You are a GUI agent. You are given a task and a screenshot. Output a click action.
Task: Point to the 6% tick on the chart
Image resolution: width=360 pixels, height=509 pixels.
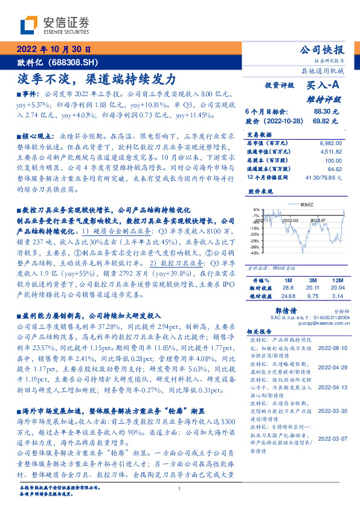coord(257,209)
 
